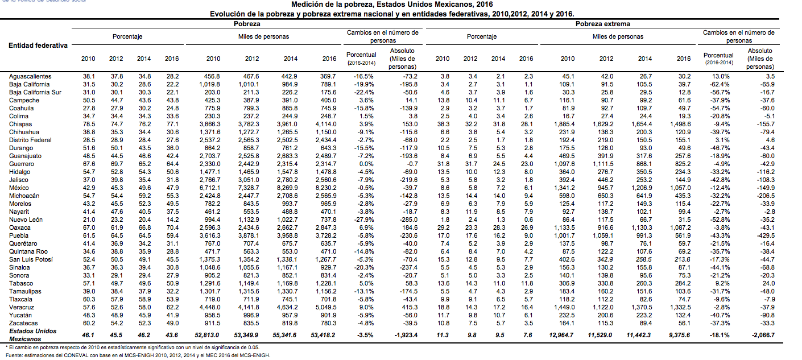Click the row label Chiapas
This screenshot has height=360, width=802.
[20, 124]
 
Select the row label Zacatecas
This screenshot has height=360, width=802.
[23, 323]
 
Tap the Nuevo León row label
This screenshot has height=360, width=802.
[26, 220]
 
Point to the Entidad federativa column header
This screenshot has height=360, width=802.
[38, 45]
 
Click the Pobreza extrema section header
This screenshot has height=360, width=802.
[602, 24]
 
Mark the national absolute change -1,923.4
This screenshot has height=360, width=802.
[404, 335]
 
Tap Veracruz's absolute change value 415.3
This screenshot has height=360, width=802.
[408, 307]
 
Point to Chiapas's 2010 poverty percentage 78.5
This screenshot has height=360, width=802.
[88, 124]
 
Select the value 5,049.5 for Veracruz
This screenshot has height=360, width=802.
[325, 307]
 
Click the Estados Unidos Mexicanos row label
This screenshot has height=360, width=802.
[32, 334]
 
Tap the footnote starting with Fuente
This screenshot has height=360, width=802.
[137, 355]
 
